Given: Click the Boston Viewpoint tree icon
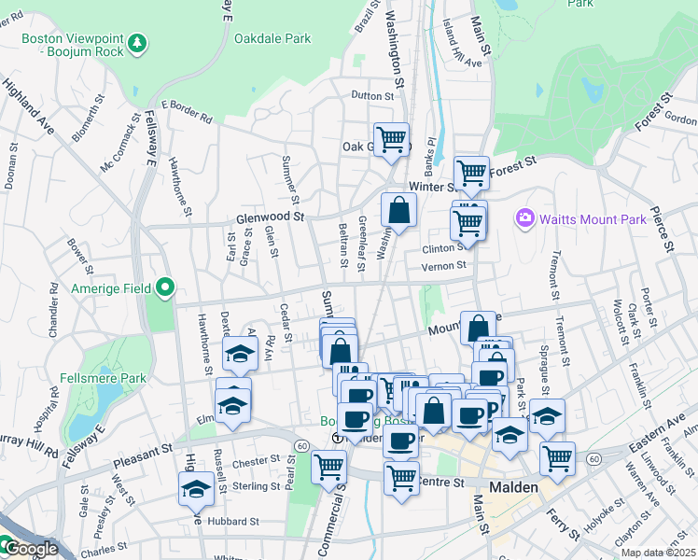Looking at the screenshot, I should point(137,43).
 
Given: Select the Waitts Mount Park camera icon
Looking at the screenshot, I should point(524,218).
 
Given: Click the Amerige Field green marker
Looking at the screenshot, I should point(166,287).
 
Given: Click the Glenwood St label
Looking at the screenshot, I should point(272,217).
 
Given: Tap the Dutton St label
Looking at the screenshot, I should point(372,95).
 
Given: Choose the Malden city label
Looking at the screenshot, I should point(514,487).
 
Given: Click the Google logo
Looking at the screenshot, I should point(30,550).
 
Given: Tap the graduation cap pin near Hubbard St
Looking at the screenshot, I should point(196,489).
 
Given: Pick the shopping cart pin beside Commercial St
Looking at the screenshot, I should point(328,466).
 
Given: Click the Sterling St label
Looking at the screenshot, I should point(256,486).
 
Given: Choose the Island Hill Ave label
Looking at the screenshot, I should point(462,63).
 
